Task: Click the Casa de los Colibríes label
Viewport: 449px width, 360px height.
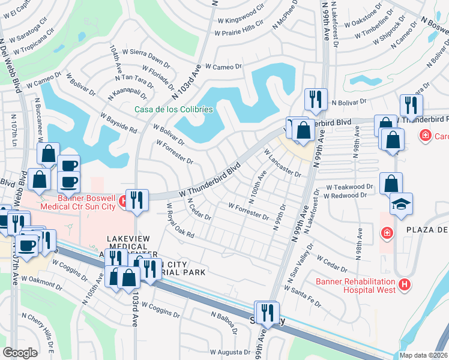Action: (173, 109)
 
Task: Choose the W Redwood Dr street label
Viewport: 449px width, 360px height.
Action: (345, 196)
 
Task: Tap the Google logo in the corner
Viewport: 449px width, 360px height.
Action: (20, 352)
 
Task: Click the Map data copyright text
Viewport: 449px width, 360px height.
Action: (424, 355)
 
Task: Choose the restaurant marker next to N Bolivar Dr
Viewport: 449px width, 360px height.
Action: (315, 100)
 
